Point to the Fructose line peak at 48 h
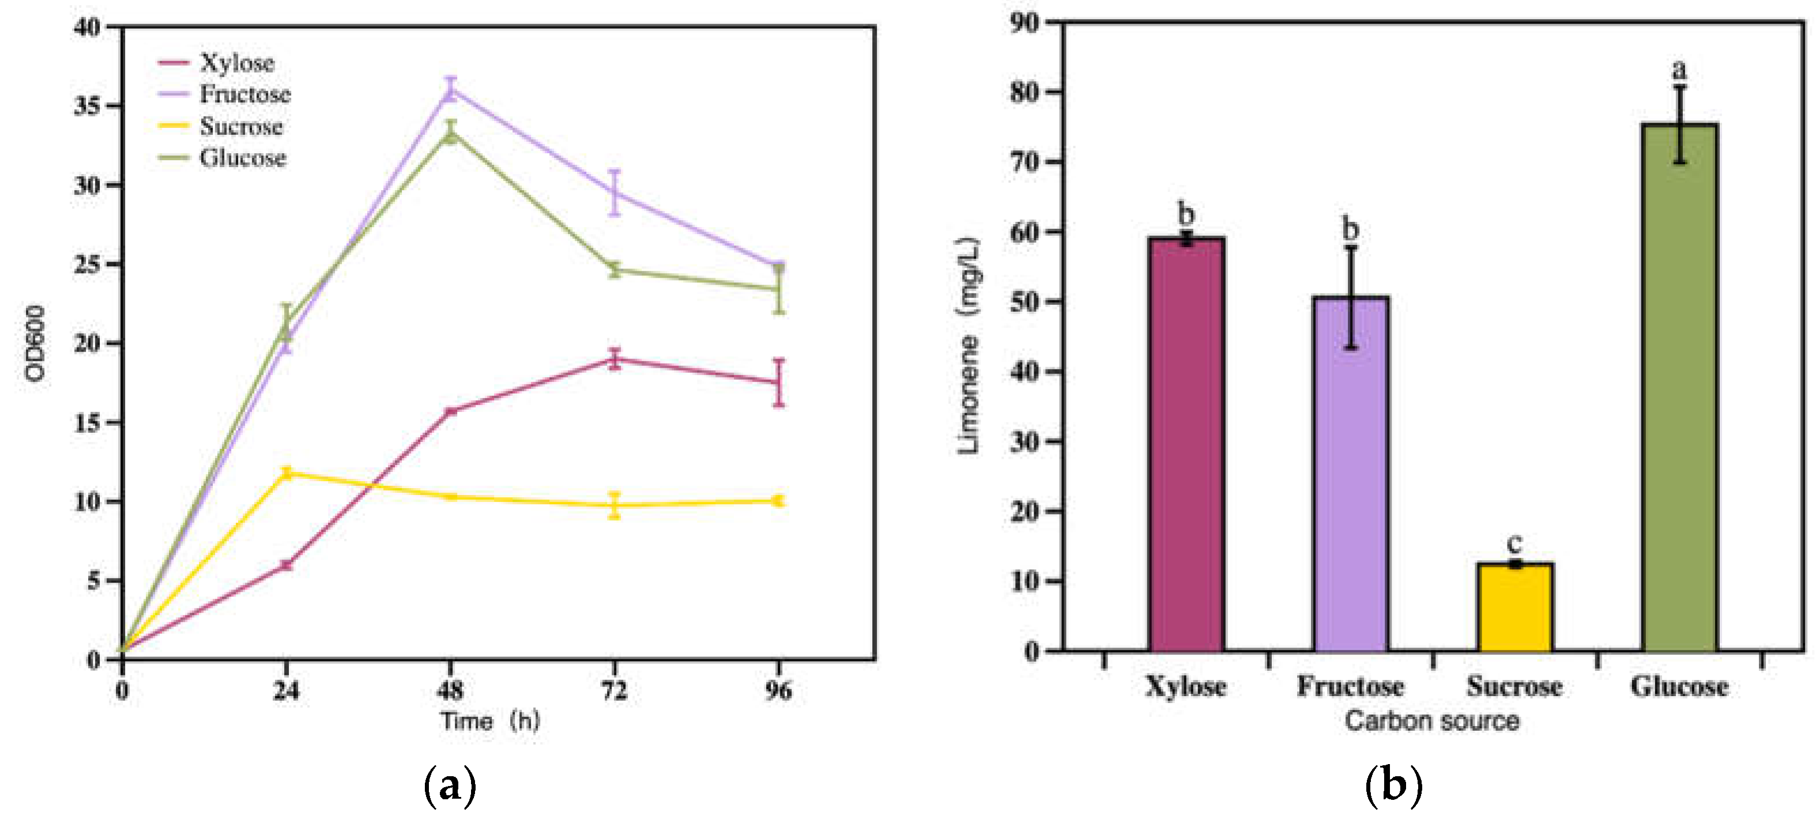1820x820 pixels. coord(451,90)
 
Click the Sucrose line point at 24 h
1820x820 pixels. coord(286,473)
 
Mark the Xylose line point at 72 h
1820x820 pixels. coord(615,360)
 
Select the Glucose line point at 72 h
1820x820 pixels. coord(615,269)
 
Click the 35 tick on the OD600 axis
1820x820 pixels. coord(88,106)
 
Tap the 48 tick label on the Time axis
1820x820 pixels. coord(450,690)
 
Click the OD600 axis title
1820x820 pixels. coord(35,343)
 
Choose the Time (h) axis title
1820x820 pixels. coord(489,721)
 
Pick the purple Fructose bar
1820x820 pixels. coord(1350,473)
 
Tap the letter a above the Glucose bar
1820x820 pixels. coord(1679,69)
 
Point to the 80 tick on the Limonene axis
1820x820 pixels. coord(1025,92)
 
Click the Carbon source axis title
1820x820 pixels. coord(1431,721)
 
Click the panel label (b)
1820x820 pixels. coord(1393,785)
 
